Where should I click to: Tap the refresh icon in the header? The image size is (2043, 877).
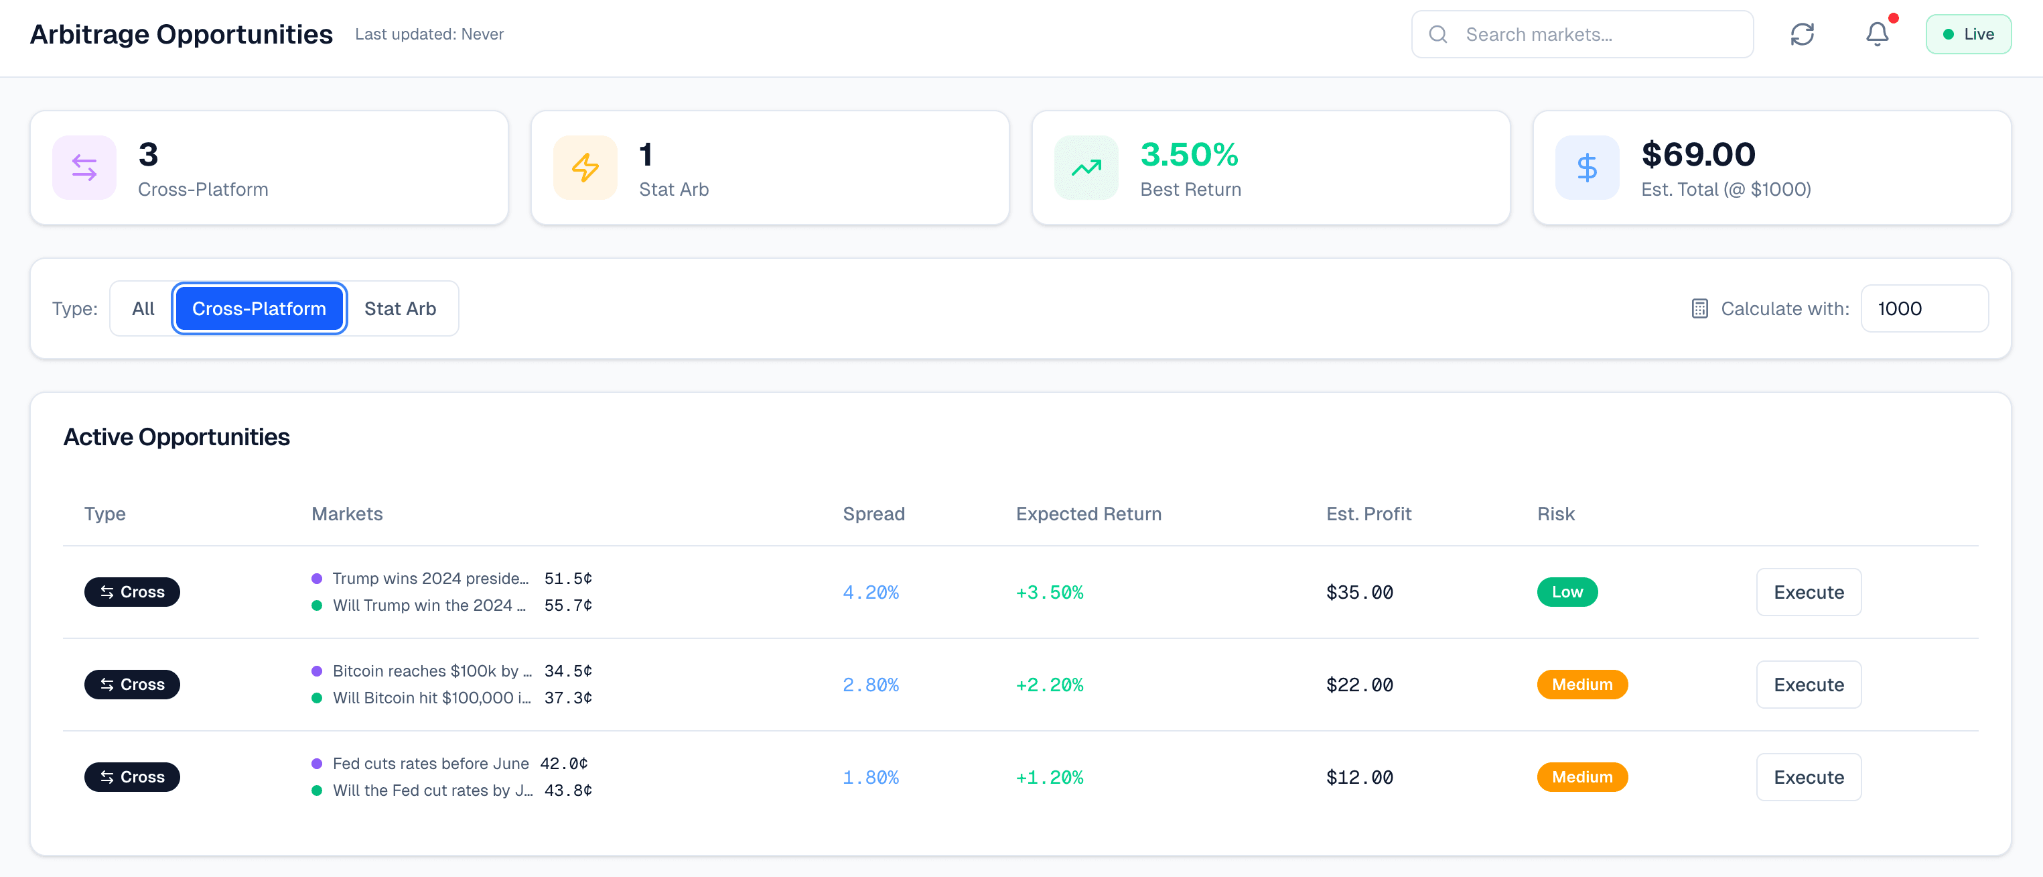1802,34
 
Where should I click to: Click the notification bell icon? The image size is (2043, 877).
1876,34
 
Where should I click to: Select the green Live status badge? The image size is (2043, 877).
1968,34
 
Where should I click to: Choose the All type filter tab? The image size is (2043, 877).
143,308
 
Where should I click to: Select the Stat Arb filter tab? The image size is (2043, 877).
400,308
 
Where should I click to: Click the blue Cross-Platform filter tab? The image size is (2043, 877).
259,308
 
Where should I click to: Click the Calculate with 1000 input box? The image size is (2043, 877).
1923,308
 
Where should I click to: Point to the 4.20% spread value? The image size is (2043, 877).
870,592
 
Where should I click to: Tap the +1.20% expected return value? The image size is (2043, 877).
1048,778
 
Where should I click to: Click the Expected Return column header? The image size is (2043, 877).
1088,514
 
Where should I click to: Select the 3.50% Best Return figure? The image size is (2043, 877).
1188,155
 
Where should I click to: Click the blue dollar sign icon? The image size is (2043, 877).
1586,168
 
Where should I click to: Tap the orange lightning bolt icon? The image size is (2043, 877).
585,168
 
